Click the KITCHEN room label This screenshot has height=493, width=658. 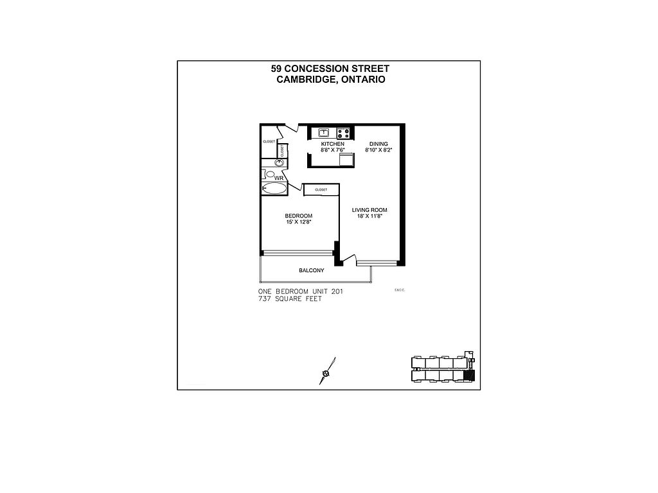[x=332, y=144]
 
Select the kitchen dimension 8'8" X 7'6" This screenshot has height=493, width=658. [x=332, y=150]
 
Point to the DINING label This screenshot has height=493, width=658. [x=378, y=144]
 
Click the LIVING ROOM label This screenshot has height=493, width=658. [x=369, y=210]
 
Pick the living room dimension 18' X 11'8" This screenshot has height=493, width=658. [x=369, y=216]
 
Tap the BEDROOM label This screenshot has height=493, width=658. [x=299, y=216]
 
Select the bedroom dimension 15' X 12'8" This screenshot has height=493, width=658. [x=299, y=222]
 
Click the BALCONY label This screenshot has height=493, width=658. [x=311, y=270]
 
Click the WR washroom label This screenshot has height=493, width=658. [x=278, y=177]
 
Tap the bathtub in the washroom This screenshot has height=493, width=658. [x=275, y=188]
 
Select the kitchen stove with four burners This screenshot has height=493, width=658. [x=343, y=134]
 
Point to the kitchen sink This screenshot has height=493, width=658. [x=323, y=133]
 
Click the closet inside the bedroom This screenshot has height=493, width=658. [x=321, y=190]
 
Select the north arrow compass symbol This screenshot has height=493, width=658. [x=326, y=373]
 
